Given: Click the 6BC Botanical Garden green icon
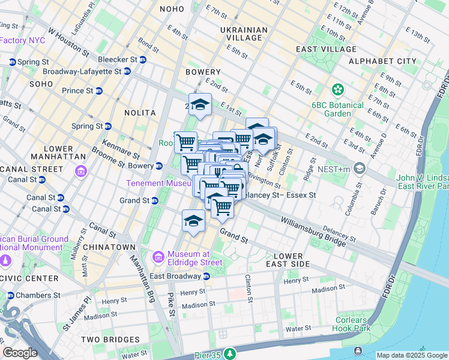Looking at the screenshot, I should (x=338, y=89).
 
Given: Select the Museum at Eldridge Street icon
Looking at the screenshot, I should (x=158, y=257).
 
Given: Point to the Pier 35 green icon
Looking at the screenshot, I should (x=229, y=353).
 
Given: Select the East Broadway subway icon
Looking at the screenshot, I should (x=206, y=276).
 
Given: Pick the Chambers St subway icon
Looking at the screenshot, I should (x=10, y=295).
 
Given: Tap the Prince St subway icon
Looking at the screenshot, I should (x=99, y=91).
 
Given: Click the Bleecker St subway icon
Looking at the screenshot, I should (x=143, y=59).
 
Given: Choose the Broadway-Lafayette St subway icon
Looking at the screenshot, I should (x=127, y=71).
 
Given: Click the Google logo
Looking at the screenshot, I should (x=20, y=353).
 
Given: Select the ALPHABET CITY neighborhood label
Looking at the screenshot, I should (x=382, y=61).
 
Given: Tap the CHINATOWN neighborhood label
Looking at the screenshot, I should (x=109, y=247).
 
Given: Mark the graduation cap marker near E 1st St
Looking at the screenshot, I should (x=200, y=104).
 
